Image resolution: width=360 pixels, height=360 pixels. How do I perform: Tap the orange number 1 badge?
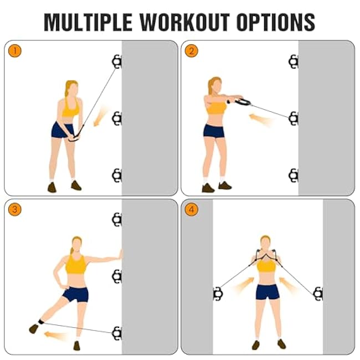pyautogui.click(x=14, y=51)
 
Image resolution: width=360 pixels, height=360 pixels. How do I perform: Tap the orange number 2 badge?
pyautogui.click(x=191, y=51)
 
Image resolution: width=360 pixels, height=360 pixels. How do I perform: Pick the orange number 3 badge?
pyautogui.click(x=14, y=210)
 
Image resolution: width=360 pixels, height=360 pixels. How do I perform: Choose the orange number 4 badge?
pyautogui.click(x=191, y=210)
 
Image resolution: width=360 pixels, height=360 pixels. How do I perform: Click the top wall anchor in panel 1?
pyautogui.click(x=116, y=61)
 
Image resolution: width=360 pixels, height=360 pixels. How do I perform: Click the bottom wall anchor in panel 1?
pyautogui.click(x=116, y=176)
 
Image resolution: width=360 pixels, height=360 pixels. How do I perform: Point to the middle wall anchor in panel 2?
pyautogui.click(x=293, y=118)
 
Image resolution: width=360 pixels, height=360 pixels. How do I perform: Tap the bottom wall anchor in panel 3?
pyautogui.click(x=116, y=333)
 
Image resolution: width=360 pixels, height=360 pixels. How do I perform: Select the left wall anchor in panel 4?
pyautogui.click(x=218, y=294)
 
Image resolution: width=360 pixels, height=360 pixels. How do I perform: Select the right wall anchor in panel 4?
pyautogui.click(x=318, y=294)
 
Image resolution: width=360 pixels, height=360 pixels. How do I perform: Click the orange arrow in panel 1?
pyautogui.click(x=100, y=117)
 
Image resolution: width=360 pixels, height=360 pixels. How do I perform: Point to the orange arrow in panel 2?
pyautogui.click(x=260, y=119)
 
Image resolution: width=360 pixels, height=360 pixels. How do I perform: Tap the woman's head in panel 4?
pyautogui.click(x=266, y=244)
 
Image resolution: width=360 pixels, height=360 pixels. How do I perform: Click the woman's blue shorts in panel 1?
pyautogui.click(x=63, y=130)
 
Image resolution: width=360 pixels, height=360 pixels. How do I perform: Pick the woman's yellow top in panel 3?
pyautogui.click(x=76, y=265)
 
